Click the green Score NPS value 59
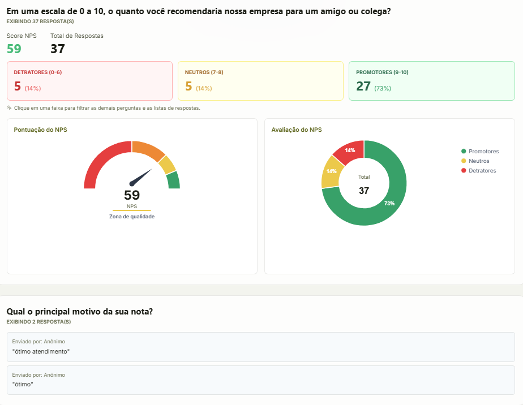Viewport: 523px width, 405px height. [14, 49]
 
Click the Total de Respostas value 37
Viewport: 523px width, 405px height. [58, 49]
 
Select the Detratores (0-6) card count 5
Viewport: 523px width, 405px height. [18, 86]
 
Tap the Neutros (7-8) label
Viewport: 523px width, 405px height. [204, 72]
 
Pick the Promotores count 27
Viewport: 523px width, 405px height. [363, 86]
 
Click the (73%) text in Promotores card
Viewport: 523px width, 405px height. [383, 88]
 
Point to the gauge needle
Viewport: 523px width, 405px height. [140, 178]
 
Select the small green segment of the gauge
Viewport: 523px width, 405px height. [173, 180]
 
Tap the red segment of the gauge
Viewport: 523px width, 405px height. [100, 160]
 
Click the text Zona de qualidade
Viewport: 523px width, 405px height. [132, 217]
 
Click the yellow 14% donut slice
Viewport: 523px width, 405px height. [331, 171]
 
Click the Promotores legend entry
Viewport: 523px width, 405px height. [480, 152]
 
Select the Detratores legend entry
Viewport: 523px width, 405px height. [479, 171]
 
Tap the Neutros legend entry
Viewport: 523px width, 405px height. [475, 161]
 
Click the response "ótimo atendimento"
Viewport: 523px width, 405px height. [41, 351]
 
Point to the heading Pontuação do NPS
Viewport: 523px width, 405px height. [40, 130]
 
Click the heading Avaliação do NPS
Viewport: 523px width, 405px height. [297, 130]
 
